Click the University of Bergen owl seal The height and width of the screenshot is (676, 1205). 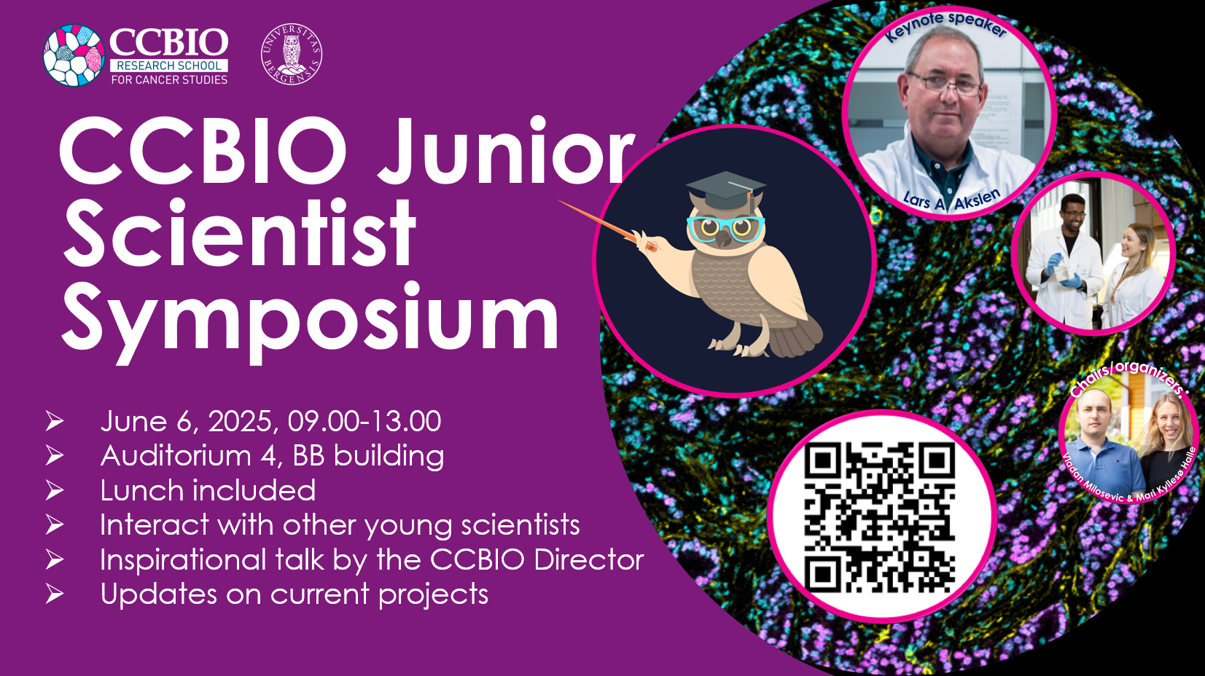coord(292,55)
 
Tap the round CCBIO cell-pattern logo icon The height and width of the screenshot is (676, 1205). coord(74,55)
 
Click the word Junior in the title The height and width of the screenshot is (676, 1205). coord(507,150)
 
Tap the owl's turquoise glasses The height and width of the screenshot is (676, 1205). coord(725,229)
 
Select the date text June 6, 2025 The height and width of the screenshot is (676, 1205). coord(190,421)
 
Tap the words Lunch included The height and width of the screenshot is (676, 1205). coord(208,491)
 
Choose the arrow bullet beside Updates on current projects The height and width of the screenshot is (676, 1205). coord(55,594)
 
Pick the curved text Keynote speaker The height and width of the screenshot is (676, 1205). coord(945,25)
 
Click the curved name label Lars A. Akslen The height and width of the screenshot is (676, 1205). coord(951,200)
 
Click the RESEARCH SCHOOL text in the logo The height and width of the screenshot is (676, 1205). coord(169,66)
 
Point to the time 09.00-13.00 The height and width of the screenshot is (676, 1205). coord(364,421)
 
